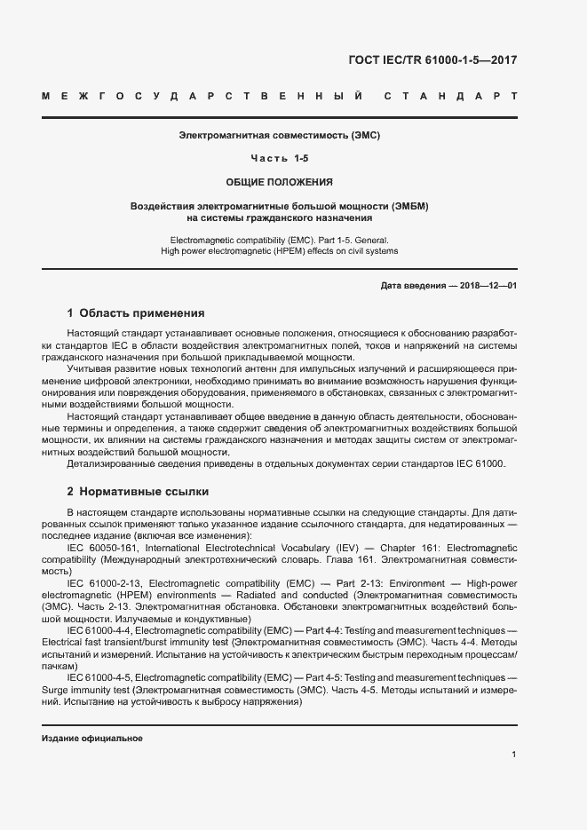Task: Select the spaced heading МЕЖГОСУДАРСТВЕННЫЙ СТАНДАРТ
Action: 280,96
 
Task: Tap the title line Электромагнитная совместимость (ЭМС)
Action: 280,136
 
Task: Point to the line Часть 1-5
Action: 280,158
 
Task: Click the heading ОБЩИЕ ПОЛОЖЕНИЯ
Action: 280,182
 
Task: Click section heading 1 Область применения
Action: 136,313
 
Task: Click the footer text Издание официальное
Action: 92,739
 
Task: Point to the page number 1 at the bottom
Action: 514,755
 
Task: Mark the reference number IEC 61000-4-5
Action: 100,676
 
